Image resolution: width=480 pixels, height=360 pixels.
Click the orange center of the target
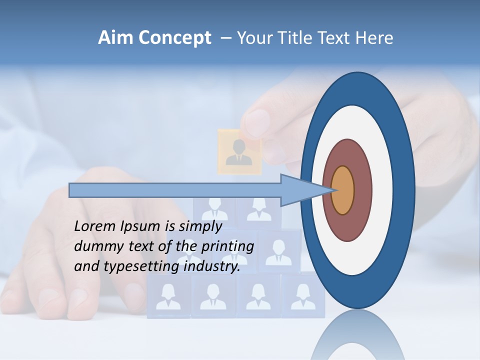[x=342, y=190]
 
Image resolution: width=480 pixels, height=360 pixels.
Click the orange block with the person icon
[x=239, y=152]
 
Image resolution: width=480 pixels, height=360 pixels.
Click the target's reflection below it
[x=357, y=335]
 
